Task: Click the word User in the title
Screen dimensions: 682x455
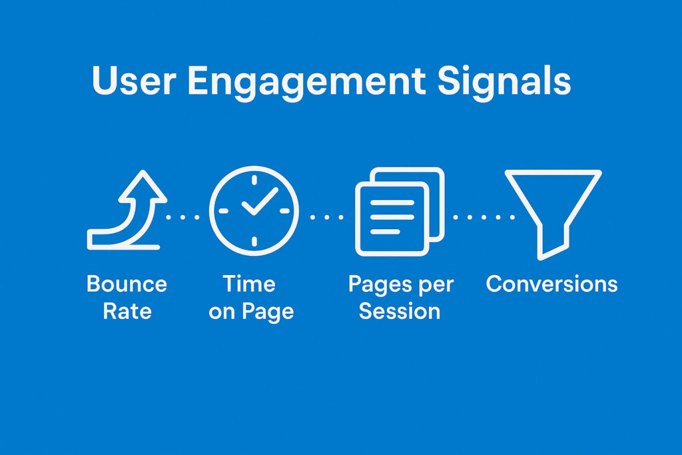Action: pyautogui.click(x=134, y=81)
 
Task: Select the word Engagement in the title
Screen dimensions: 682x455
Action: pyautogui.click(x=306, y=83)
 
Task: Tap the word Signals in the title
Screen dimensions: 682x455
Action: pyautogui.click(x=504, y=83)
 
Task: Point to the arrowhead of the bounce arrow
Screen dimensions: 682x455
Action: pyautogui.click(x=143, y=185)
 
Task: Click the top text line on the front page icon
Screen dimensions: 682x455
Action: pyautogui.click(x=392, y=203)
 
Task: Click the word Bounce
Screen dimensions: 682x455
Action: pyautogui.click(x=127, y=284)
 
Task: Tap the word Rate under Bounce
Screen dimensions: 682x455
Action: pyautogui.click(x=127, y=312)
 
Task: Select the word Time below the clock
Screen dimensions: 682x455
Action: pyautogui.click(x=249, y=284)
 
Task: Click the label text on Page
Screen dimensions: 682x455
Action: pyautogui.click(x=251, y=312)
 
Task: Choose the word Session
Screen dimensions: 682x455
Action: pyautogui.click(x=400, y=312)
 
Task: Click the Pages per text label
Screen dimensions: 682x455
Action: pyautogui.click(x=401, y=285)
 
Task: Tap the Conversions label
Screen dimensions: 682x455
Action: pyautogui.click(x=552, y=284)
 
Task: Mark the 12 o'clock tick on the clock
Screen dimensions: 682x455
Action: pyautogui.click(x=254, y=180)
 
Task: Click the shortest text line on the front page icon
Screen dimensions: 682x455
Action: pyautogui.click(x=385, y=231)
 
